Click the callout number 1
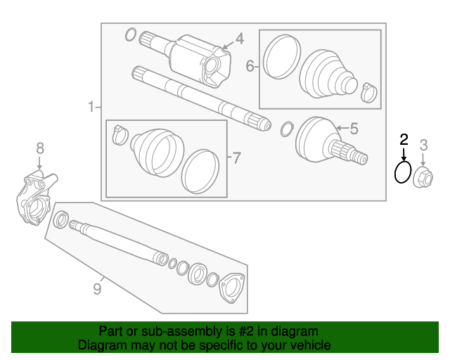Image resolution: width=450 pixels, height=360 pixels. click(x=91, y=108)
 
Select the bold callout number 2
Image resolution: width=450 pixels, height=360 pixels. click(x=404, y=139)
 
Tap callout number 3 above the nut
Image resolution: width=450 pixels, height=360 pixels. click(x=424, y=146)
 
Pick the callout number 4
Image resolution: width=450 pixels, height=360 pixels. click(x=239, y=39)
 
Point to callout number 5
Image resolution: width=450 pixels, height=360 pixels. click(x=354, y=128)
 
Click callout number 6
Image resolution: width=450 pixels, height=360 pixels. click(x=250, y=67)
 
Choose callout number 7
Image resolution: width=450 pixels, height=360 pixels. click(x=236, y=157)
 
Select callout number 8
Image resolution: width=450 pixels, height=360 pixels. click(x=40, y=148)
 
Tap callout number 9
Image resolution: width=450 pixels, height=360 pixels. click(x=98, y=288)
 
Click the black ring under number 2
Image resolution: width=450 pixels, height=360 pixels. click(x=403, y=172)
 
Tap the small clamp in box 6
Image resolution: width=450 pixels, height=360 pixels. click(x=369, y=91)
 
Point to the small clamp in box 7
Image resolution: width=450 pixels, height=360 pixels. click(x=120, y=133)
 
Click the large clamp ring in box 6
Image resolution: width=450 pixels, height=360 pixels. click(x=281, y=54)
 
